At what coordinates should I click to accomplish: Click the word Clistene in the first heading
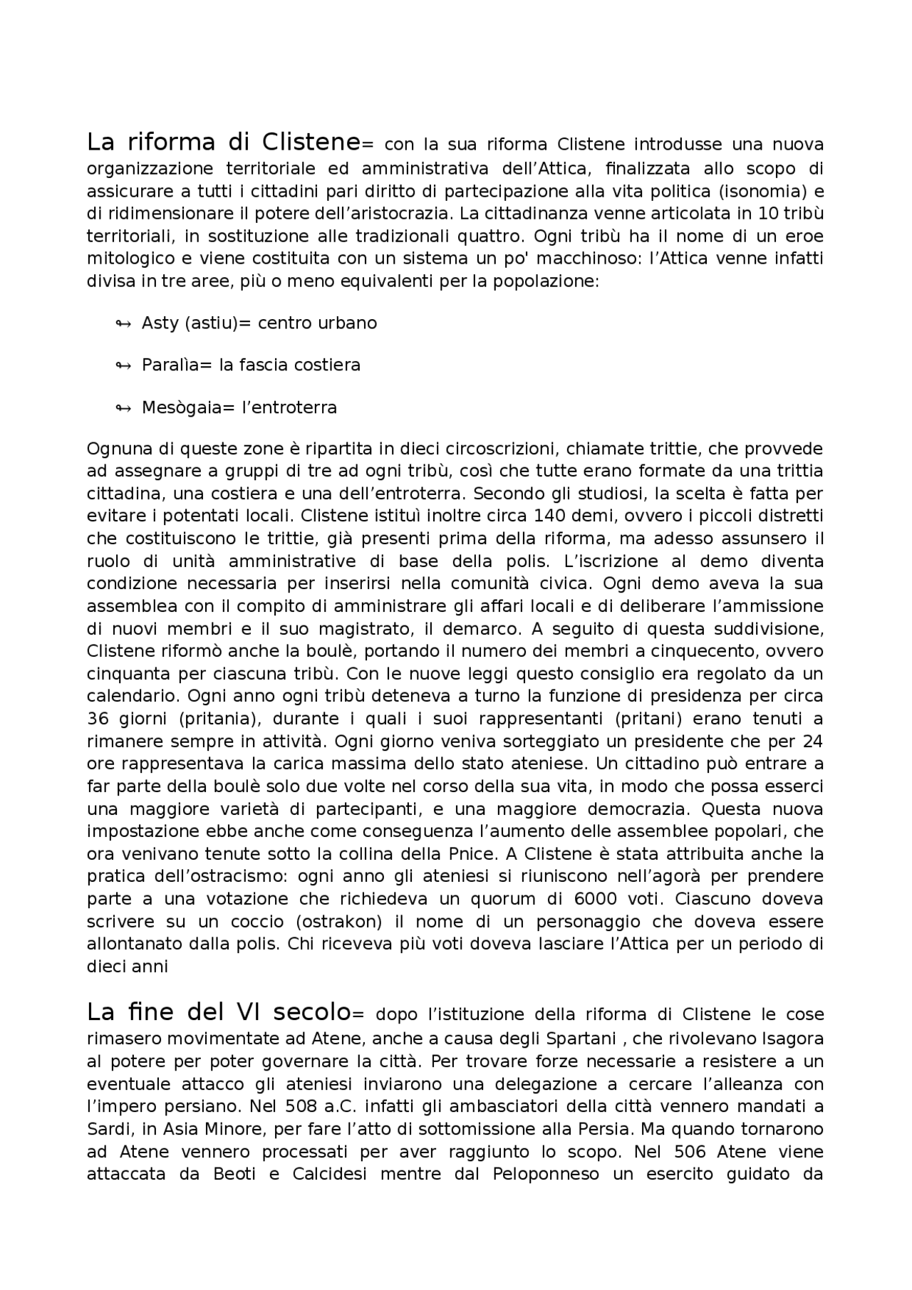311,142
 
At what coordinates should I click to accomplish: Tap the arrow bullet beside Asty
123,324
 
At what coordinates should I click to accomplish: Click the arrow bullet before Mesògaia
123,408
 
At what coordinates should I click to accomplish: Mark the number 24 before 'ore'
812,742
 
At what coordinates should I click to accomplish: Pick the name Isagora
788,1039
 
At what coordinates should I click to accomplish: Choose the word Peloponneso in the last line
546,1174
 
